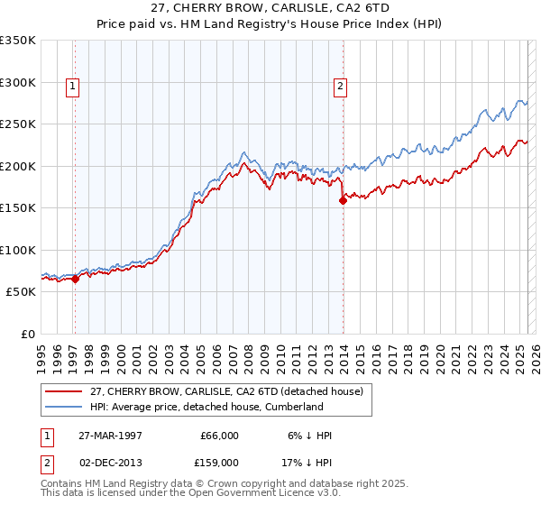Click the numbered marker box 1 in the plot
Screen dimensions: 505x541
click(x=71, y=87)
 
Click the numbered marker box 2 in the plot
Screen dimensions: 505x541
click(x=340, y=87)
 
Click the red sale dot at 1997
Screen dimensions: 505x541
click(x=75, y=279)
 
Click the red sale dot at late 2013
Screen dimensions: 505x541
click(x=344, y=201)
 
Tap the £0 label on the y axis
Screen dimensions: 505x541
click(x=27, y=334)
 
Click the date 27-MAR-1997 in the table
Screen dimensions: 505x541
click(x=112, y=436)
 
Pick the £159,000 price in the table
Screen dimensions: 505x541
click(x=217, y=462)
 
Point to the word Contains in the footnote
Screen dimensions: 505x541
click(x=64, y=485)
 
